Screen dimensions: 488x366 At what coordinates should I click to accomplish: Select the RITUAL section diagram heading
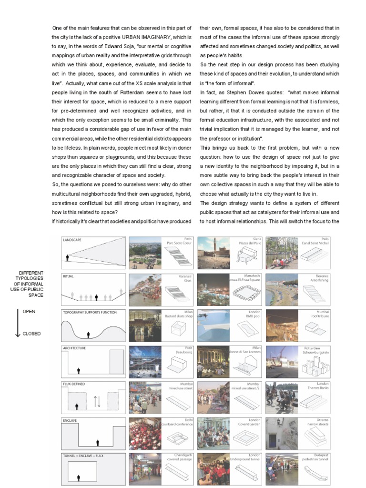coord(69,276)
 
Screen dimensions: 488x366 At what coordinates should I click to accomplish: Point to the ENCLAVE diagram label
coord(71,421)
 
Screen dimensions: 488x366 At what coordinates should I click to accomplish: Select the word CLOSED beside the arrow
coord(31,334)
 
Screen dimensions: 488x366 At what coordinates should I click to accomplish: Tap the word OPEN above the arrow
coord(29,311)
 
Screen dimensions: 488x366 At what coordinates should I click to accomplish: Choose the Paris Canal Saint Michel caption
coord(313,241)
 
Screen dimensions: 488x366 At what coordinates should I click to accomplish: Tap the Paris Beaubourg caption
coord(177,350)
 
